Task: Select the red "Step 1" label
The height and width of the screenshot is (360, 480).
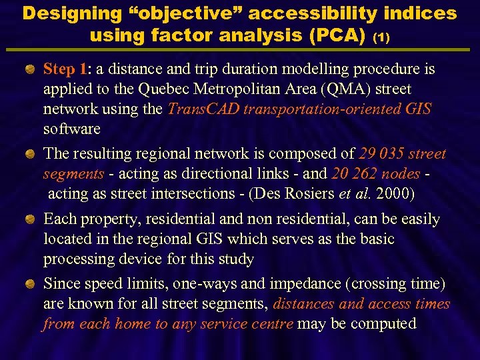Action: click(x=65, y=69)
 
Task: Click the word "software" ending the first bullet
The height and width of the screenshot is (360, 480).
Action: click(x=71, y=129)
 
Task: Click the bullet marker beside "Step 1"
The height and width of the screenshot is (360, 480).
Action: click(x=30, y=69)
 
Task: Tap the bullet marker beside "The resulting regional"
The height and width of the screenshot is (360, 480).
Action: click(x=30, y=154)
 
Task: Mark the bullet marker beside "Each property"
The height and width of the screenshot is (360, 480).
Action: click(x=30, y=219)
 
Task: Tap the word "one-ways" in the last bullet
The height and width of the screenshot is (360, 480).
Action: click(x=204, y=284)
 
